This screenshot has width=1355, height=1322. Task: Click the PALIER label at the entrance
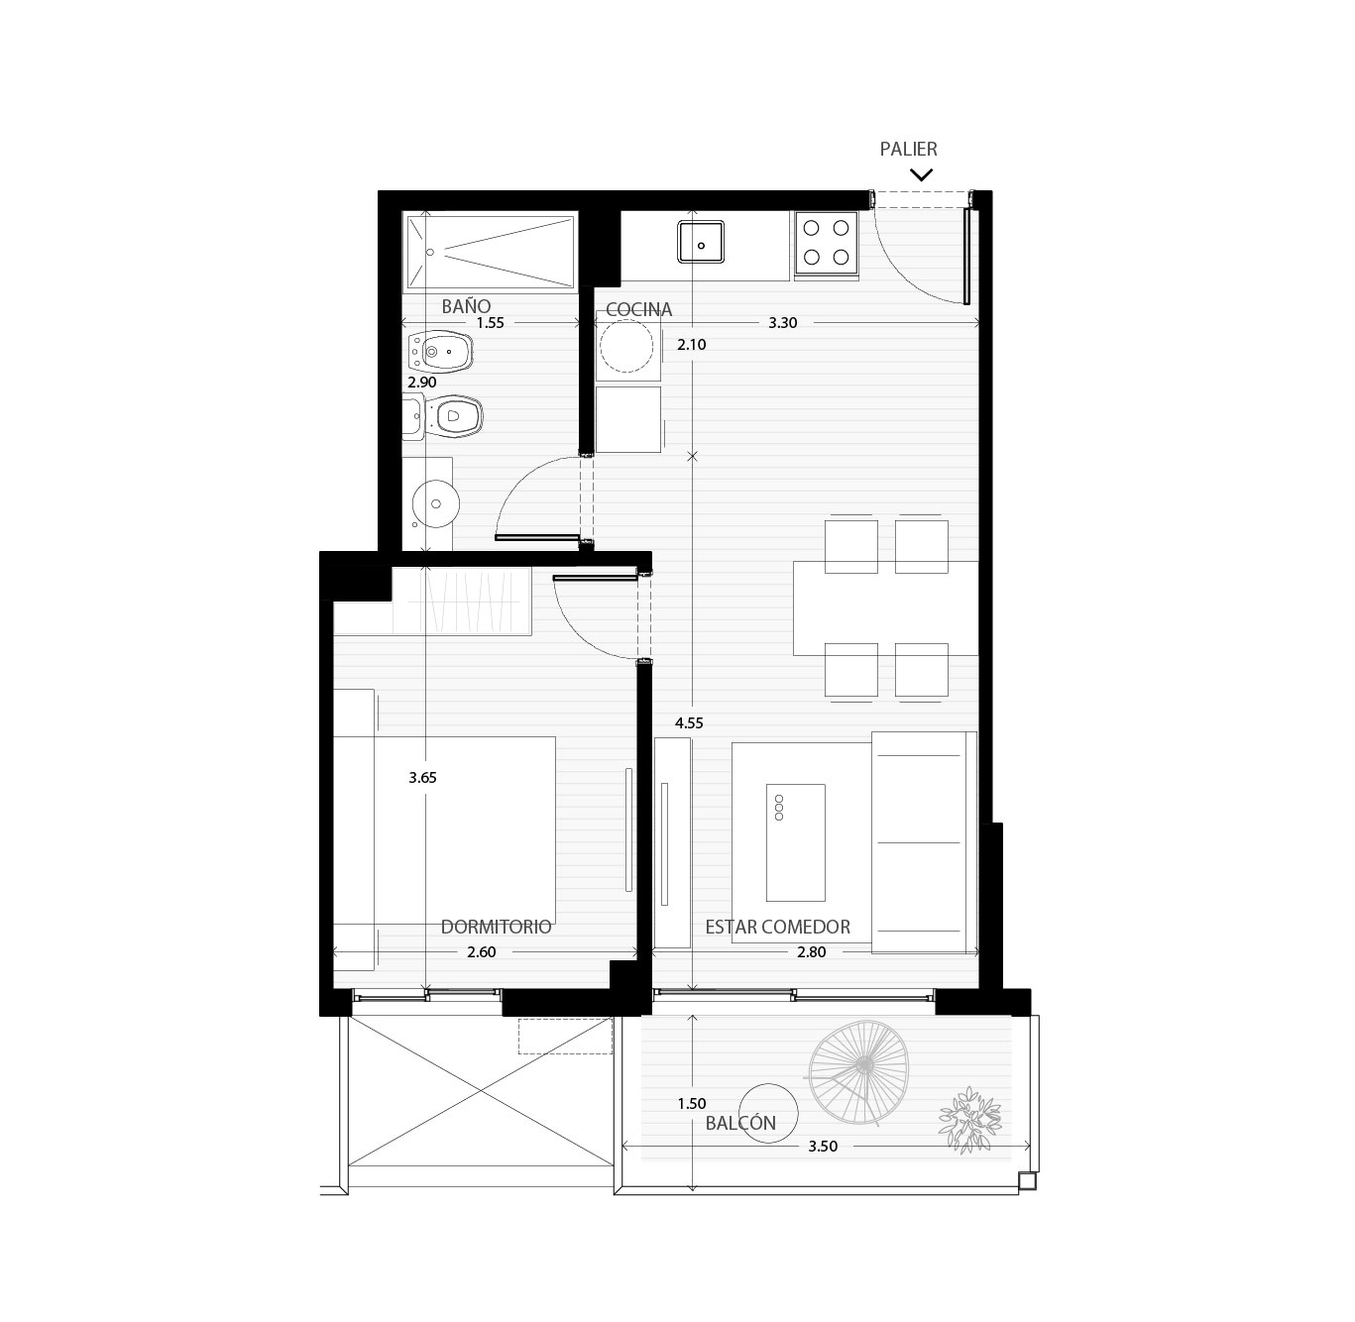click(x=908, y=149)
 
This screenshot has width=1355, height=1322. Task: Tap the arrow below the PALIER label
click(x=921, y=174)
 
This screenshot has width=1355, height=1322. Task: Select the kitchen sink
click(x=701, y=242)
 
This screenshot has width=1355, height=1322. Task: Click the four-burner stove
click(x=826, y=243)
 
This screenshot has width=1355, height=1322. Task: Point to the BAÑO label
click(x=466, y=306)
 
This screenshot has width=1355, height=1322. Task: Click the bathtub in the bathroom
click(x=491, y=252)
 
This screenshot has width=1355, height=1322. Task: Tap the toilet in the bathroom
click(x=443, y=417)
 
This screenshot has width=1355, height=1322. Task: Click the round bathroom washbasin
click(x=435, y=502)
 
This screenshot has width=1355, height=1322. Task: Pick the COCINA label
click(x=638, y=310)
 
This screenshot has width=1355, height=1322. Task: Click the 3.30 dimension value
click(x=783, y=322)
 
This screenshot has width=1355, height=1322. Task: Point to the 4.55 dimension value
click(x=689, y=723)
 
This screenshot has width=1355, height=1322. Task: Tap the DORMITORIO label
click(x=496, y=928)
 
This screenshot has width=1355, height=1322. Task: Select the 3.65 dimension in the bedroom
click(x=422, y=778)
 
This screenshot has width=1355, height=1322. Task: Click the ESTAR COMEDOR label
click(x=777, y=928)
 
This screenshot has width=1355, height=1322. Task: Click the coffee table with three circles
click(x=795, y=842)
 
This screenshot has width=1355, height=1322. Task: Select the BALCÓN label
click(x=740, y=1123)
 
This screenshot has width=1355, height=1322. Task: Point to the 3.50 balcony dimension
click(x=823, y=1146)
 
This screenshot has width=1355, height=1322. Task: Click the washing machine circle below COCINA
click(x=626, y=346)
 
